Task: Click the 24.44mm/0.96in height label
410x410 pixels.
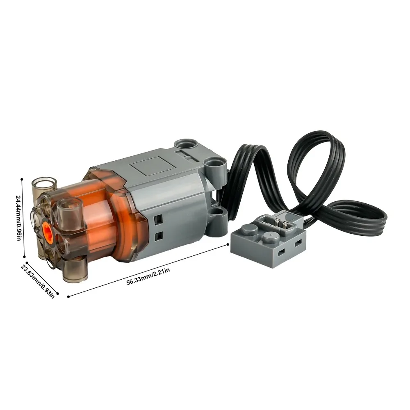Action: pos(18,219)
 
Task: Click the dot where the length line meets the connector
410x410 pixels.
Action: pos(228,245)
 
